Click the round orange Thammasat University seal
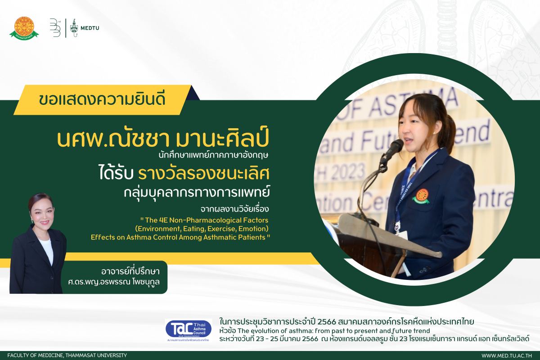pyautogui.click(x=24, y=27)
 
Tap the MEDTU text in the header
pyautogui.click(x=90, y=28)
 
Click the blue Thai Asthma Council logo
pyautogui.click(x=188, y=328)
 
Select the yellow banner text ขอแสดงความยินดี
pyautogui.click(x=102, y=99)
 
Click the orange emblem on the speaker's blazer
pyautogui.click(x=422, y=196)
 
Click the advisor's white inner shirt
pyautogui.click(x=47, y=251)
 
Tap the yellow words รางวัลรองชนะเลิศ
pyautogui.click(x=204, y=174)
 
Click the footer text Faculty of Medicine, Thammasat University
pyautogui.click(x=67, y=355)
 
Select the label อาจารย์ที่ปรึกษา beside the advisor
pyautogui.click(x=130, y=272)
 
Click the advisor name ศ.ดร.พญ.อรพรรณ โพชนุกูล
pyautogui.click(x=114, y=282)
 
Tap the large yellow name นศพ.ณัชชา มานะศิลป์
pyautogui.click(x=163, y=139)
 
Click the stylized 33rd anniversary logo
pyautogui.click(x=55, y=28)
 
